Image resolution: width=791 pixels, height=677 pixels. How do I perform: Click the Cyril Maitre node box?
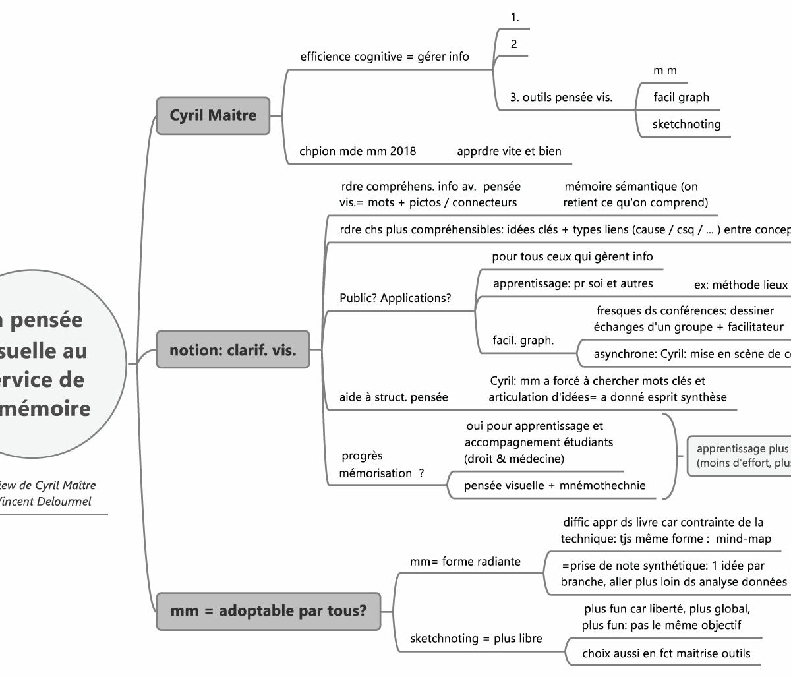pyautogui.click(x=213, y=115)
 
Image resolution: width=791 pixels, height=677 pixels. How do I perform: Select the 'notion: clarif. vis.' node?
pyautogui.click(x=233, y=349)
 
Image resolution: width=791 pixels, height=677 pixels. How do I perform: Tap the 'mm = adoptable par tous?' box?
pyautogui.click(x=268, y=610)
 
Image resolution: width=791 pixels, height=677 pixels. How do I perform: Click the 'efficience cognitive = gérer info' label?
pyautogui.click(x=384, y=57)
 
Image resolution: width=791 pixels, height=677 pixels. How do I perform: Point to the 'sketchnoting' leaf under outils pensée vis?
pyautogui.click(x=686, y=124)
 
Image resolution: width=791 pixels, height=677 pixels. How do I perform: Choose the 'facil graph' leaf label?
pyautogui.click(x=681, y=97)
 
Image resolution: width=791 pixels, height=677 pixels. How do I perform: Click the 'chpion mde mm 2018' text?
pyautogui.click(x=357, y=151)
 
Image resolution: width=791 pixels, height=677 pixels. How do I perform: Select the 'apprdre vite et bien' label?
pyautogui.click(x=509, y=151)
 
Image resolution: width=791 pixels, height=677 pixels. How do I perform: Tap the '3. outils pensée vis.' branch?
pyautogui.click(x=561, y=98)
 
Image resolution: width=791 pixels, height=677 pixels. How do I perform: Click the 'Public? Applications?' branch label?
pyautogui.click(x=395, y=298)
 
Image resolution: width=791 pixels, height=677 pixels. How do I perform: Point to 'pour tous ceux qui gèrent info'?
pyautogui.click(x=572, y=256)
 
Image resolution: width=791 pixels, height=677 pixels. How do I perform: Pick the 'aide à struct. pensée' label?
pyautogui.click(x=394, y=397)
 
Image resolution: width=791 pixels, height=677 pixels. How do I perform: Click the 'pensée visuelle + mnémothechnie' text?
pyautogui.click(x=554, y=486)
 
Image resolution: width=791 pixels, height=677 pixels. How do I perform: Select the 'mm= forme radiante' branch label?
pyautogui.click(x=465, y=562)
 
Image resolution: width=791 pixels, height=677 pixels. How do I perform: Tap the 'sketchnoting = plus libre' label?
pyautogui.click(x=476, y=638)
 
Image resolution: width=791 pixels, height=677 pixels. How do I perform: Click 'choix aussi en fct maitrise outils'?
pyautogui.click(x=666, y=653)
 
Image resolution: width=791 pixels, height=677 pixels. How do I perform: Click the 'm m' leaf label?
pyautogui.click(x=664, y=71)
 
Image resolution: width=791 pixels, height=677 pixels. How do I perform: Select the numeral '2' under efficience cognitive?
pyautogui.click(x=513, y=44)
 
